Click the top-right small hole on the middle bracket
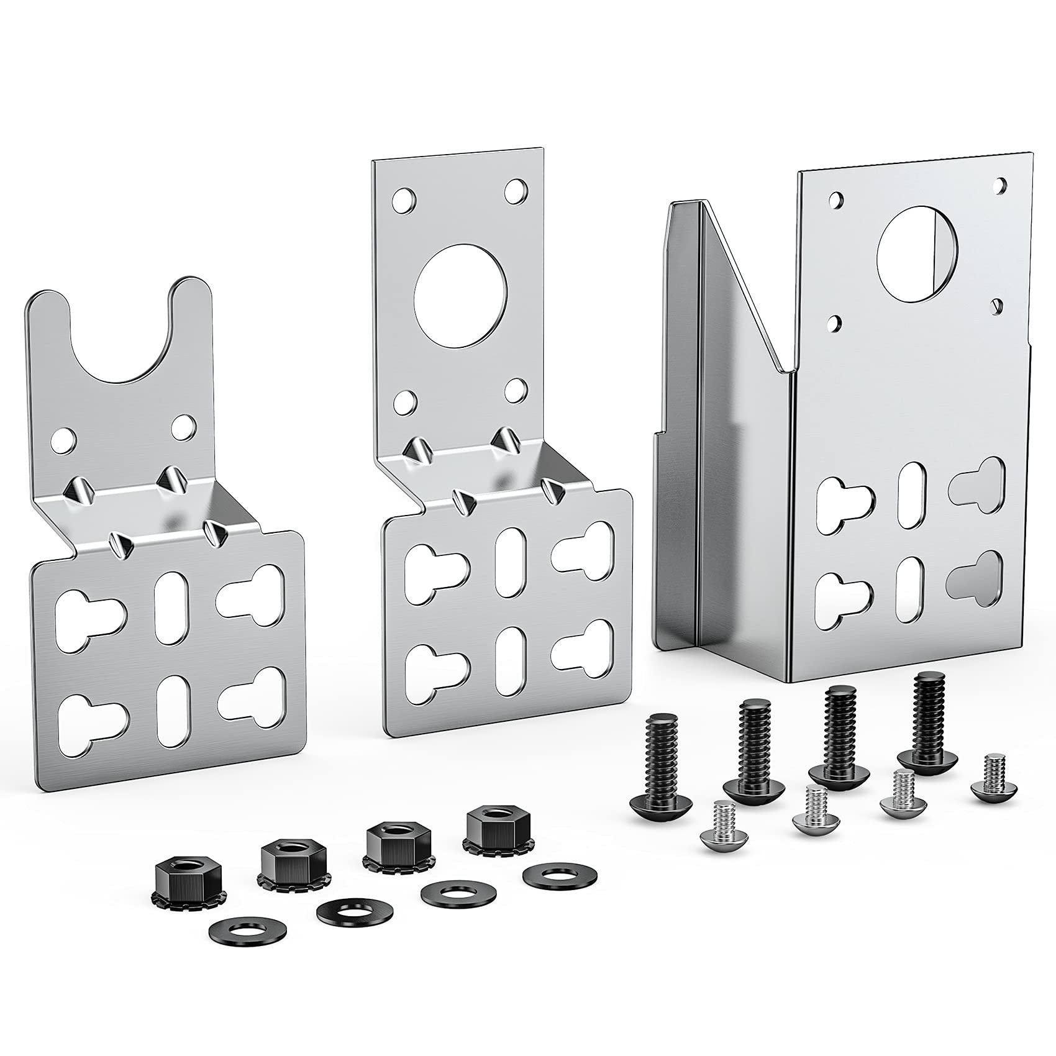point(516,191)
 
